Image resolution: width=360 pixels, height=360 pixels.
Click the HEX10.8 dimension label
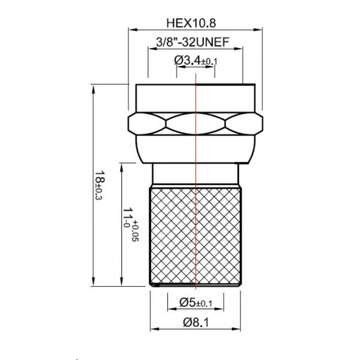point(191,23)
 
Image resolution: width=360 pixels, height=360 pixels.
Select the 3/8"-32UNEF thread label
point(193,42)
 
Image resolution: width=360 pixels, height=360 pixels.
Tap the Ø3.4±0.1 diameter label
point(195,61)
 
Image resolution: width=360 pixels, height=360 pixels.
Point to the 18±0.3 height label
point(99,185)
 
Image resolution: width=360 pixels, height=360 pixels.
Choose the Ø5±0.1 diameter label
point(195,303)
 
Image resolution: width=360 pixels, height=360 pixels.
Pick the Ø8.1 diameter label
point(196,323)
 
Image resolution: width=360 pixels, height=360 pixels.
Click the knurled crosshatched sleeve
point(195,236)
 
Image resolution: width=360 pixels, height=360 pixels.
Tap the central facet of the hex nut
point(195,124)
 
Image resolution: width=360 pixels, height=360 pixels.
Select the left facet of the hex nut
point(147,124)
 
